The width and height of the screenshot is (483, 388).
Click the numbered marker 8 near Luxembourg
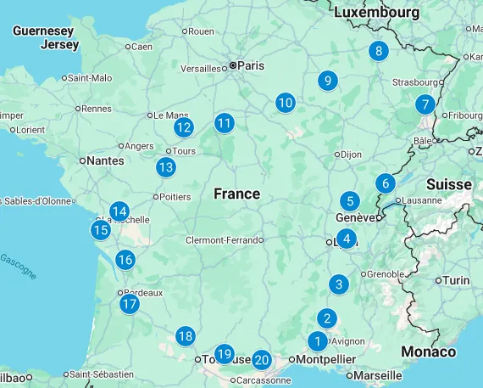pyautogui.click(x=378, y=51)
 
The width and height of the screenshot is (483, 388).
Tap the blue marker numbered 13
pyautogui.click(x=165, y=167)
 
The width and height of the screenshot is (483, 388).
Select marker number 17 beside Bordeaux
pyautogui.click(x=129, y=304)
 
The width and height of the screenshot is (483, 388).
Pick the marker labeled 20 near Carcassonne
pyautogui.click(x=261, y=360)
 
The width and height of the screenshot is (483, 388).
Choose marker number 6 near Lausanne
pyautogui.click(x=385, y=183)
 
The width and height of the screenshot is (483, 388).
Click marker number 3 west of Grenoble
pyautogui.click(x=339, y=284)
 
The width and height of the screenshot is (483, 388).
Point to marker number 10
pyautogui.click(x=285, y=103)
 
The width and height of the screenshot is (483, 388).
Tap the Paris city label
pyautogui.click(x=251, y=65)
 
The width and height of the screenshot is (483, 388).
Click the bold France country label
pyautogui.click(x=236, y=194)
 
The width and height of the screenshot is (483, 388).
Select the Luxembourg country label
pyautogui.click(x=376, y=13)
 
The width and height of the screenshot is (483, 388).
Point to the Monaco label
pyautogui.click(x=428, y=351)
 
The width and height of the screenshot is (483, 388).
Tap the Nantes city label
pyautogui.click(x=105, y=160)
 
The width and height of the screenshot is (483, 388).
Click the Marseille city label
pyautogui.click(x=377, y=374)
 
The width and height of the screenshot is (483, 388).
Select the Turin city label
pyautogui.click(x=456, y=280)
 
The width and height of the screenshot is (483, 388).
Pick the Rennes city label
pyautogui.click(x=96, y=108)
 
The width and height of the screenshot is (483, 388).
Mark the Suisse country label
pyautogui.click(x=448, y=184)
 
